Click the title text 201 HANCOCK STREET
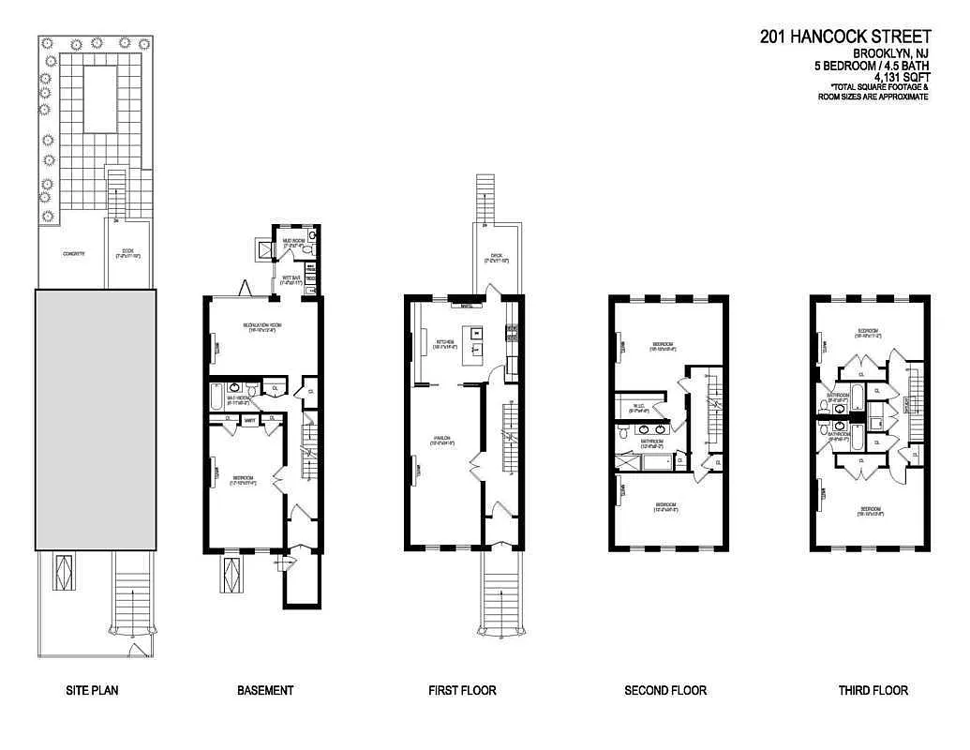845,37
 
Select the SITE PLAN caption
92,691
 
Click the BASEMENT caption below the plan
265,691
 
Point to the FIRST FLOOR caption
462,691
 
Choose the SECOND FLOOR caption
665,691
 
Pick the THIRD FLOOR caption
873,691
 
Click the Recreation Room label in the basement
264,327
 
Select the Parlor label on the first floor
442,441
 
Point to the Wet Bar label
291,278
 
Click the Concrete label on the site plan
74,254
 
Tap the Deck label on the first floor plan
497,257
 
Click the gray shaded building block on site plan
96,419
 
